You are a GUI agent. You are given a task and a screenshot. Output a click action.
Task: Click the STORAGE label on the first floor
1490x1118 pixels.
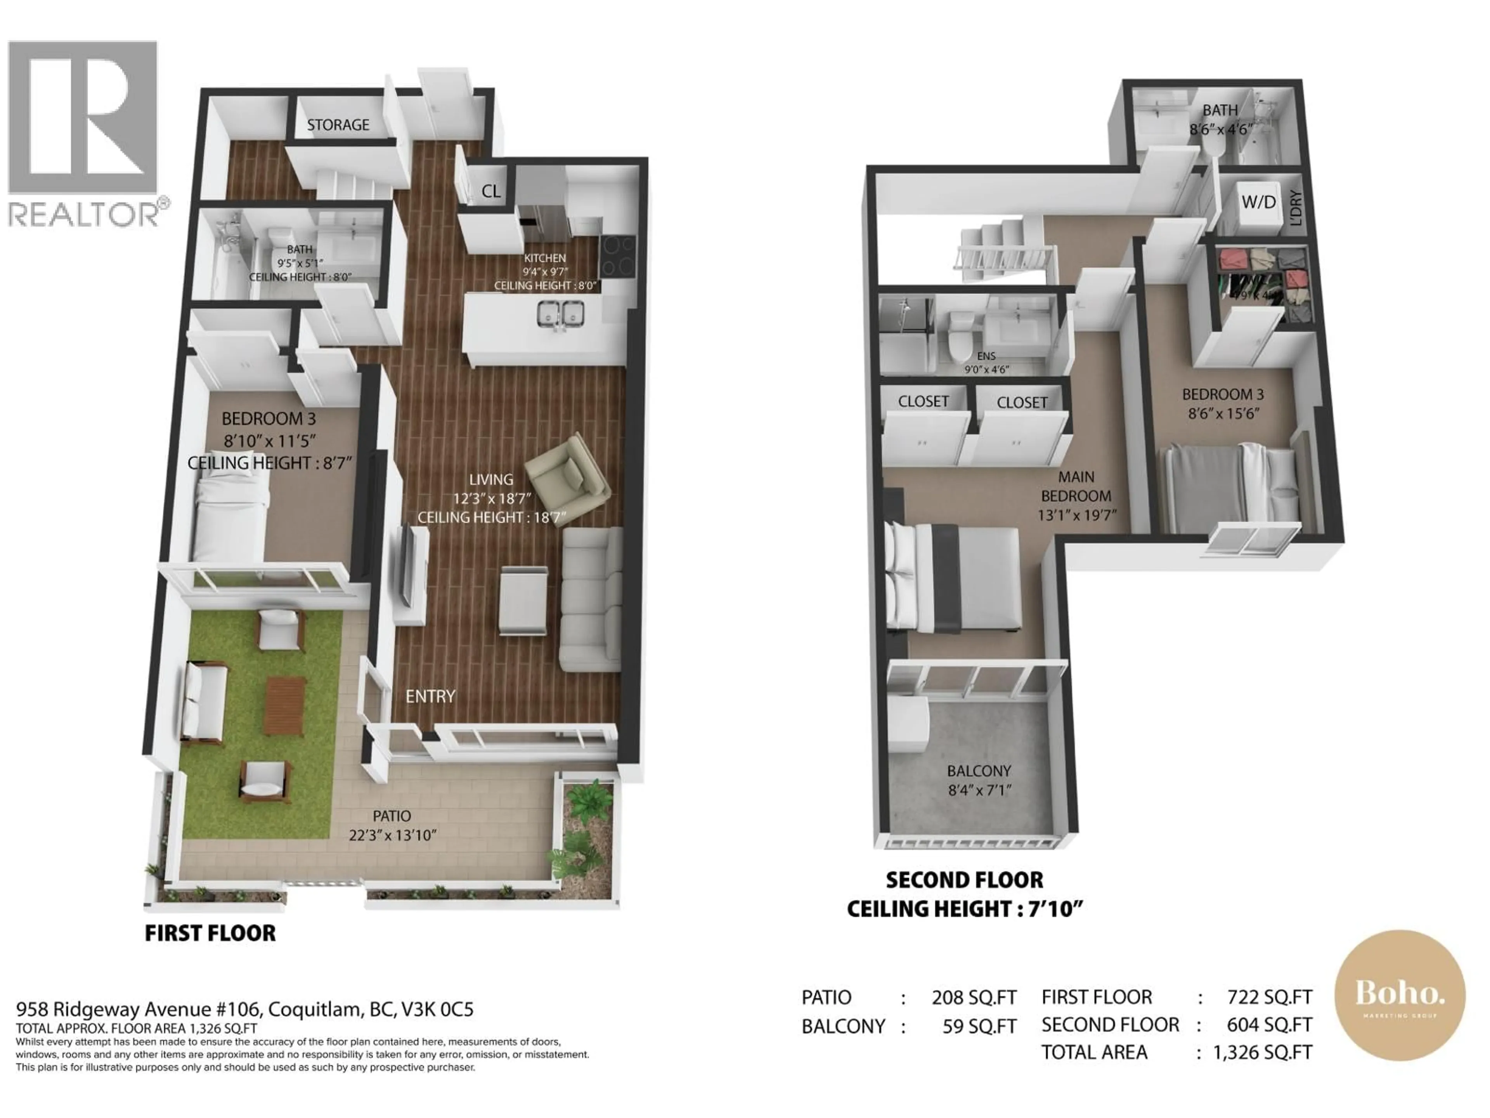[338, 125]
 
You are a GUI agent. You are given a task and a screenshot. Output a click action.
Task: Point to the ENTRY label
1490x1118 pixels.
[430, 696]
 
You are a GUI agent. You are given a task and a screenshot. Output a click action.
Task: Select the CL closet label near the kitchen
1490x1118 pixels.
[490, 191]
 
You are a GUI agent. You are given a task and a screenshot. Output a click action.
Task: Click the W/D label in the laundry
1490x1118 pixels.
[1258, 202]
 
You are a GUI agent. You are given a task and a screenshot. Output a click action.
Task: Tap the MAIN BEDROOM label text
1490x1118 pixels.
[1076, 486]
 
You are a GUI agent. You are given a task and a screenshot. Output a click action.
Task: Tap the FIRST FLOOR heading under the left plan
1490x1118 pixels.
[210, 933]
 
